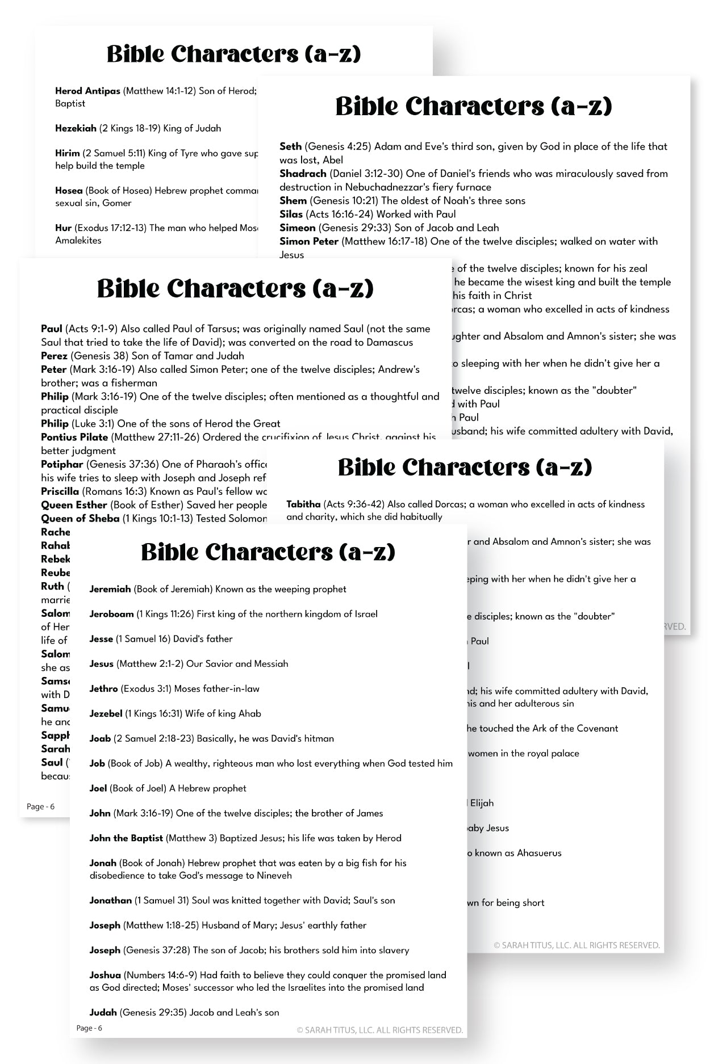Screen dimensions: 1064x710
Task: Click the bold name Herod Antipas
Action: [87, 91]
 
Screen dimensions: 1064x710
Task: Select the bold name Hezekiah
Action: [76, 128]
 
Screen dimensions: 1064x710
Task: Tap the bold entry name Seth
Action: [290, 146]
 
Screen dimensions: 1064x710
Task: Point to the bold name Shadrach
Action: [303, 174]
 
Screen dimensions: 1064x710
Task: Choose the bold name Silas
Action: [291, 214]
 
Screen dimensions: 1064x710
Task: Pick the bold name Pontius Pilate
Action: [74, 437]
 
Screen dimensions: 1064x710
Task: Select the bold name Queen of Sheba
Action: [80, 518]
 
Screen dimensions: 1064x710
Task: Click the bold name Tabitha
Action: [303, 504]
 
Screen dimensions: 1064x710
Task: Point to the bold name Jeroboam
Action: [111, 614]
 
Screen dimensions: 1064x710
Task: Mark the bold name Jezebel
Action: [106, 713]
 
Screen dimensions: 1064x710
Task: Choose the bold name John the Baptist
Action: [126, 838]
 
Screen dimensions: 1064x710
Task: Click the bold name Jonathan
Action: [110, 900]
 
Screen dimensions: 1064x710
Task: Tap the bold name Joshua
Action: [105, 975]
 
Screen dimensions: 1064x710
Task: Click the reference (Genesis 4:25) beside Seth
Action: [338, 146]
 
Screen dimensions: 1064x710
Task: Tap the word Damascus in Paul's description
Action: [389, 342]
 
